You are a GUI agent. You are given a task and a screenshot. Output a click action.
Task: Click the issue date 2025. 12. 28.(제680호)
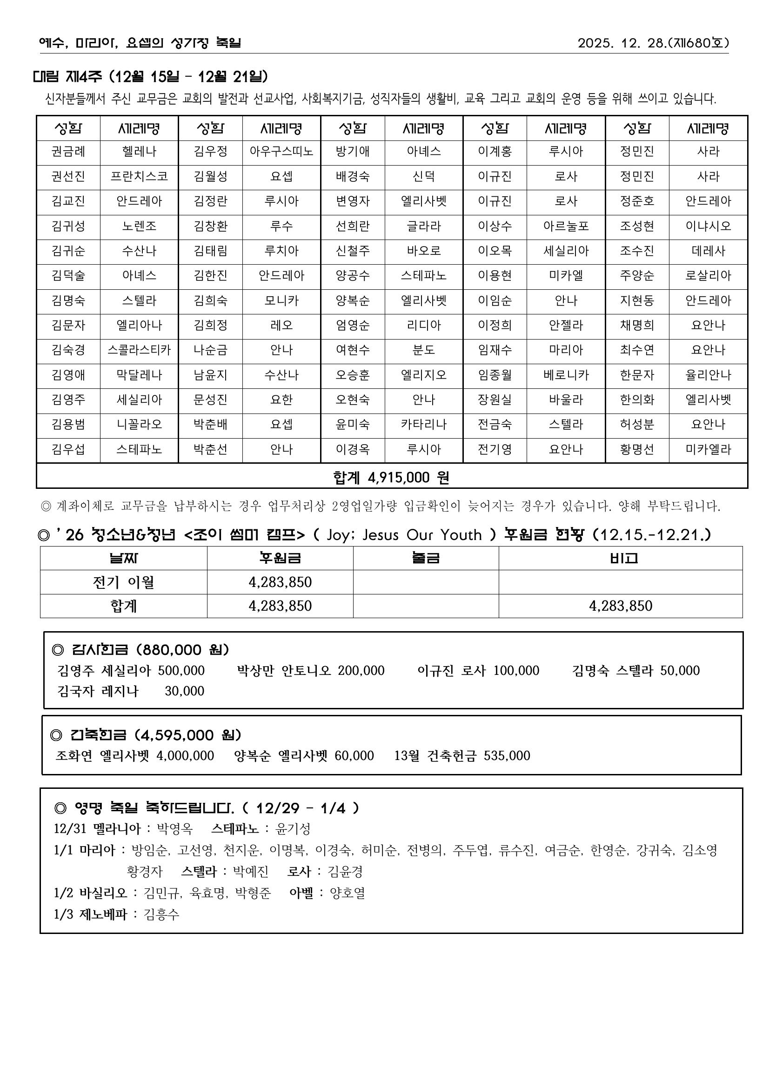(653, 43)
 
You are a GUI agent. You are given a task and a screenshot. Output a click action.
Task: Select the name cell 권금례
(68, 152)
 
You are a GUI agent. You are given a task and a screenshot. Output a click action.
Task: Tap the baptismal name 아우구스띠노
(281, 152)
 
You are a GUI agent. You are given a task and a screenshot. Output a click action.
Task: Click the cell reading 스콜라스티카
(139, 350)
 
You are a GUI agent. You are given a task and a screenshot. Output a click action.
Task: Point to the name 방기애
(352, 152)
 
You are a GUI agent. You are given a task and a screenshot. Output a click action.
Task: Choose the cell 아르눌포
(566, 226)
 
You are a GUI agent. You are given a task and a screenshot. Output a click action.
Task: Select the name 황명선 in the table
(637, 449)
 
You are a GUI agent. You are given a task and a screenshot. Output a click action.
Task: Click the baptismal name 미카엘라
(708, 449)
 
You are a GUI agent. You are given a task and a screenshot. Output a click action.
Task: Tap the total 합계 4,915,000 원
(391, 477)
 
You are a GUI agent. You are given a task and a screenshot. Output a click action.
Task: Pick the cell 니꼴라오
(139, 424)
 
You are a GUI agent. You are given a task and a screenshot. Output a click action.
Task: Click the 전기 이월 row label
(123, 582)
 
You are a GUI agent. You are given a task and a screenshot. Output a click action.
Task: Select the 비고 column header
(620, 558)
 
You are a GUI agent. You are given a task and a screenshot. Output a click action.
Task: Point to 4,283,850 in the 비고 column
(620, 606)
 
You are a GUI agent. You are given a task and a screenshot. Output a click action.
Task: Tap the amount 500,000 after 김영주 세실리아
(181, 670)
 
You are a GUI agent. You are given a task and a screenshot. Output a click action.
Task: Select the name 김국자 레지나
(98, 691)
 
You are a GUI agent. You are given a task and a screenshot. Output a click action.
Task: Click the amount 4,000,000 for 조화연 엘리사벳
(185, 755)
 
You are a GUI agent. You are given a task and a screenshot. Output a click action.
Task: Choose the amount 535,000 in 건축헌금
(507, 755)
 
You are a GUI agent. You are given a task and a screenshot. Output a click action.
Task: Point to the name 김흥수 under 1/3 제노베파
(161, 914)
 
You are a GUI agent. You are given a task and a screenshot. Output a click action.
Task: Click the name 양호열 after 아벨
(348, 893)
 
